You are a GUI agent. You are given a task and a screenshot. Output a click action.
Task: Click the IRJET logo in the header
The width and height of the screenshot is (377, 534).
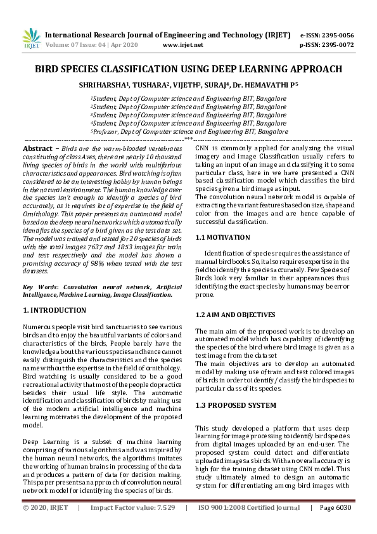click(31, 39)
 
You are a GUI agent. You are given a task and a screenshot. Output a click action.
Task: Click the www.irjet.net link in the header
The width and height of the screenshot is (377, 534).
click(182, 45)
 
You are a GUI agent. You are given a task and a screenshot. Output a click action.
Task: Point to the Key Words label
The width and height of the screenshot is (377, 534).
click(40, 287)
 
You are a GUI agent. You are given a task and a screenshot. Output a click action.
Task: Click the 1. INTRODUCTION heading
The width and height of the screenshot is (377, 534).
click(54, 310)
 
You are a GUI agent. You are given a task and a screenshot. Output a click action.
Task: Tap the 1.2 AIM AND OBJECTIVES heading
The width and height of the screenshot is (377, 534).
click(234, 315)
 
